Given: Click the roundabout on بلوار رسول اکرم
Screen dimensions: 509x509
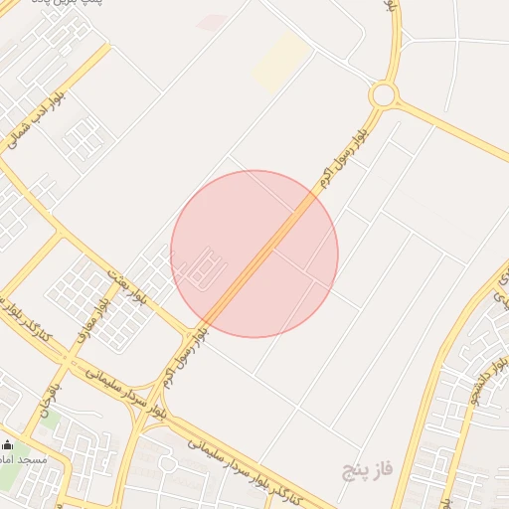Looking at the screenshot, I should pyautogui.click(x=383, y=94).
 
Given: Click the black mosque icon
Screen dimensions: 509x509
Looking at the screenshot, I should pyautogui.click(x=10, y=444).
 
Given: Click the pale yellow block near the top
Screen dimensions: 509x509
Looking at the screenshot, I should pyautogui.click(x=280, y=62).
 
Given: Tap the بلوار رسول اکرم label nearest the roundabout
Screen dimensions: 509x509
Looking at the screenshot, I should pyautogui.click(x=343, y=154).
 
